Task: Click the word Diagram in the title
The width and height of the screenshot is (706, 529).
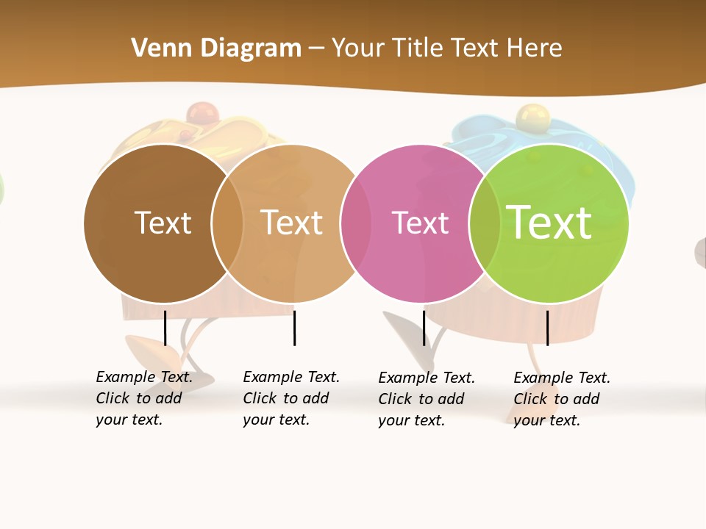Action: click(250, 48)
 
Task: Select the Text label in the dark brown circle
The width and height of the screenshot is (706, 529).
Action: click(163, 223)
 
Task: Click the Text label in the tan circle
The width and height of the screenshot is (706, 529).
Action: click(291, 223)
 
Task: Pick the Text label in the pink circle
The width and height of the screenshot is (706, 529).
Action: click(420, 223)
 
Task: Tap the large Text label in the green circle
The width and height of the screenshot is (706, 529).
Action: click(549, 222)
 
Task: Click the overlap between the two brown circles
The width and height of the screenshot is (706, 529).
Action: click(227, 223)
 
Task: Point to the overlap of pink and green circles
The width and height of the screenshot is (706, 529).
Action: click(485, 223)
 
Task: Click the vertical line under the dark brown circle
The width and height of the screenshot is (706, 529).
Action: click(165, 328)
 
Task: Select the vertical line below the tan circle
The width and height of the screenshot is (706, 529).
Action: click(294, 328)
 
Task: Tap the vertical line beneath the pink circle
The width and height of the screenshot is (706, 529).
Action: click(424, 328)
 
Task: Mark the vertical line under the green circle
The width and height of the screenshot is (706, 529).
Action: click(547, 328)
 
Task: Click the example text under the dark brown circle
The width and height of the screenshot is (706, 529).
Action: click(143, 398)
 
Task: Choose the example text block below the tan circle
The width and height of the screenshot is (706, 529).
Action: click(290, 398)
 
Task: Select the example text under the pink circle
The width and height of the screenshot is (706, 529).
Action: click(426, 399)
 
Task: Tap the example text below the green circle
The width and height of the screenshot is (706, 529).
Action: click(561, 399)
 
